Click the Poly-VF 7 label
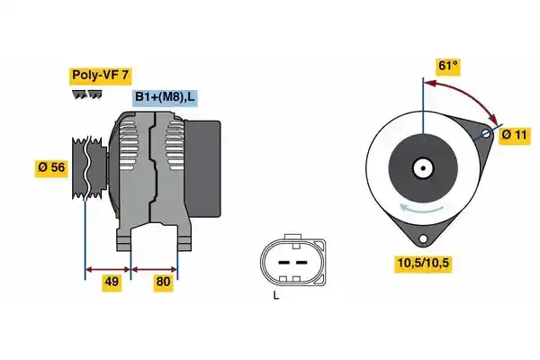[x=100, y=76]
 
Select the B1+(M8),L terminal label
[x=165, y=97]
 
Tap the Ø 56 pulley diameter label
[x=51, y=167]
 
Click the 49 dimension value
[x=112, y=282]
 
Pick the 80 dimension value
[x=163, y=282]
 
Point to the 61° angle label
[x=447, y=66]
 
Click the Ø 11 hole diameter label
[x=514, y=135]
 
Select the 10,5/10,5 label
[x=423, y=263]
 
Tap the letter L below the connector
[x=276, y=295]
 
